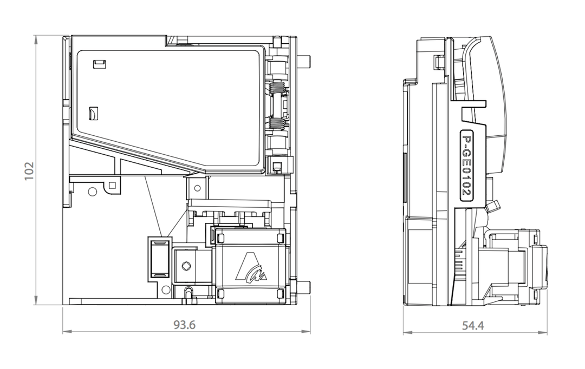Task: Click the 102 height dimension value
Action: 29,171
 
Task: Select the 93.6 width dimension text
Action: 184,325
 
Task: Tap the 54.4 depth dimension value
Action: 473,325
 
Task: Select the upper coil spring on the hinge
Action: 277,88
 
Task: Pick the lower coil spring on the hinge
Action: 277,123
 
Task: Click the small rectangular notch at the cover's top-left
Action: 100,64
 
